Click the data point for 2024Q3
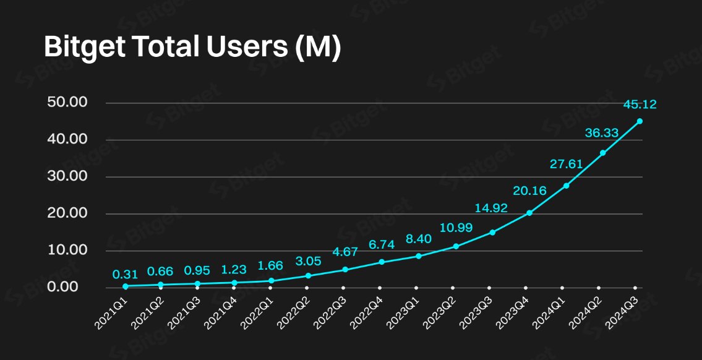(x=640, y=121)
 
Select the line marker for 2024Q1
(x=566, y=186)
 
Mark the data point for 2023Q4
(x=529, y=213)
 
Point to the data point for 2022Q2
(x=308, y=276)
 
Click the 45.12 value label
(x=640, y=105)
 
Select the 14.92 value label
(x=492, y=208)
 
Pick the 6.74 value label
(x=382, y=245)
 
